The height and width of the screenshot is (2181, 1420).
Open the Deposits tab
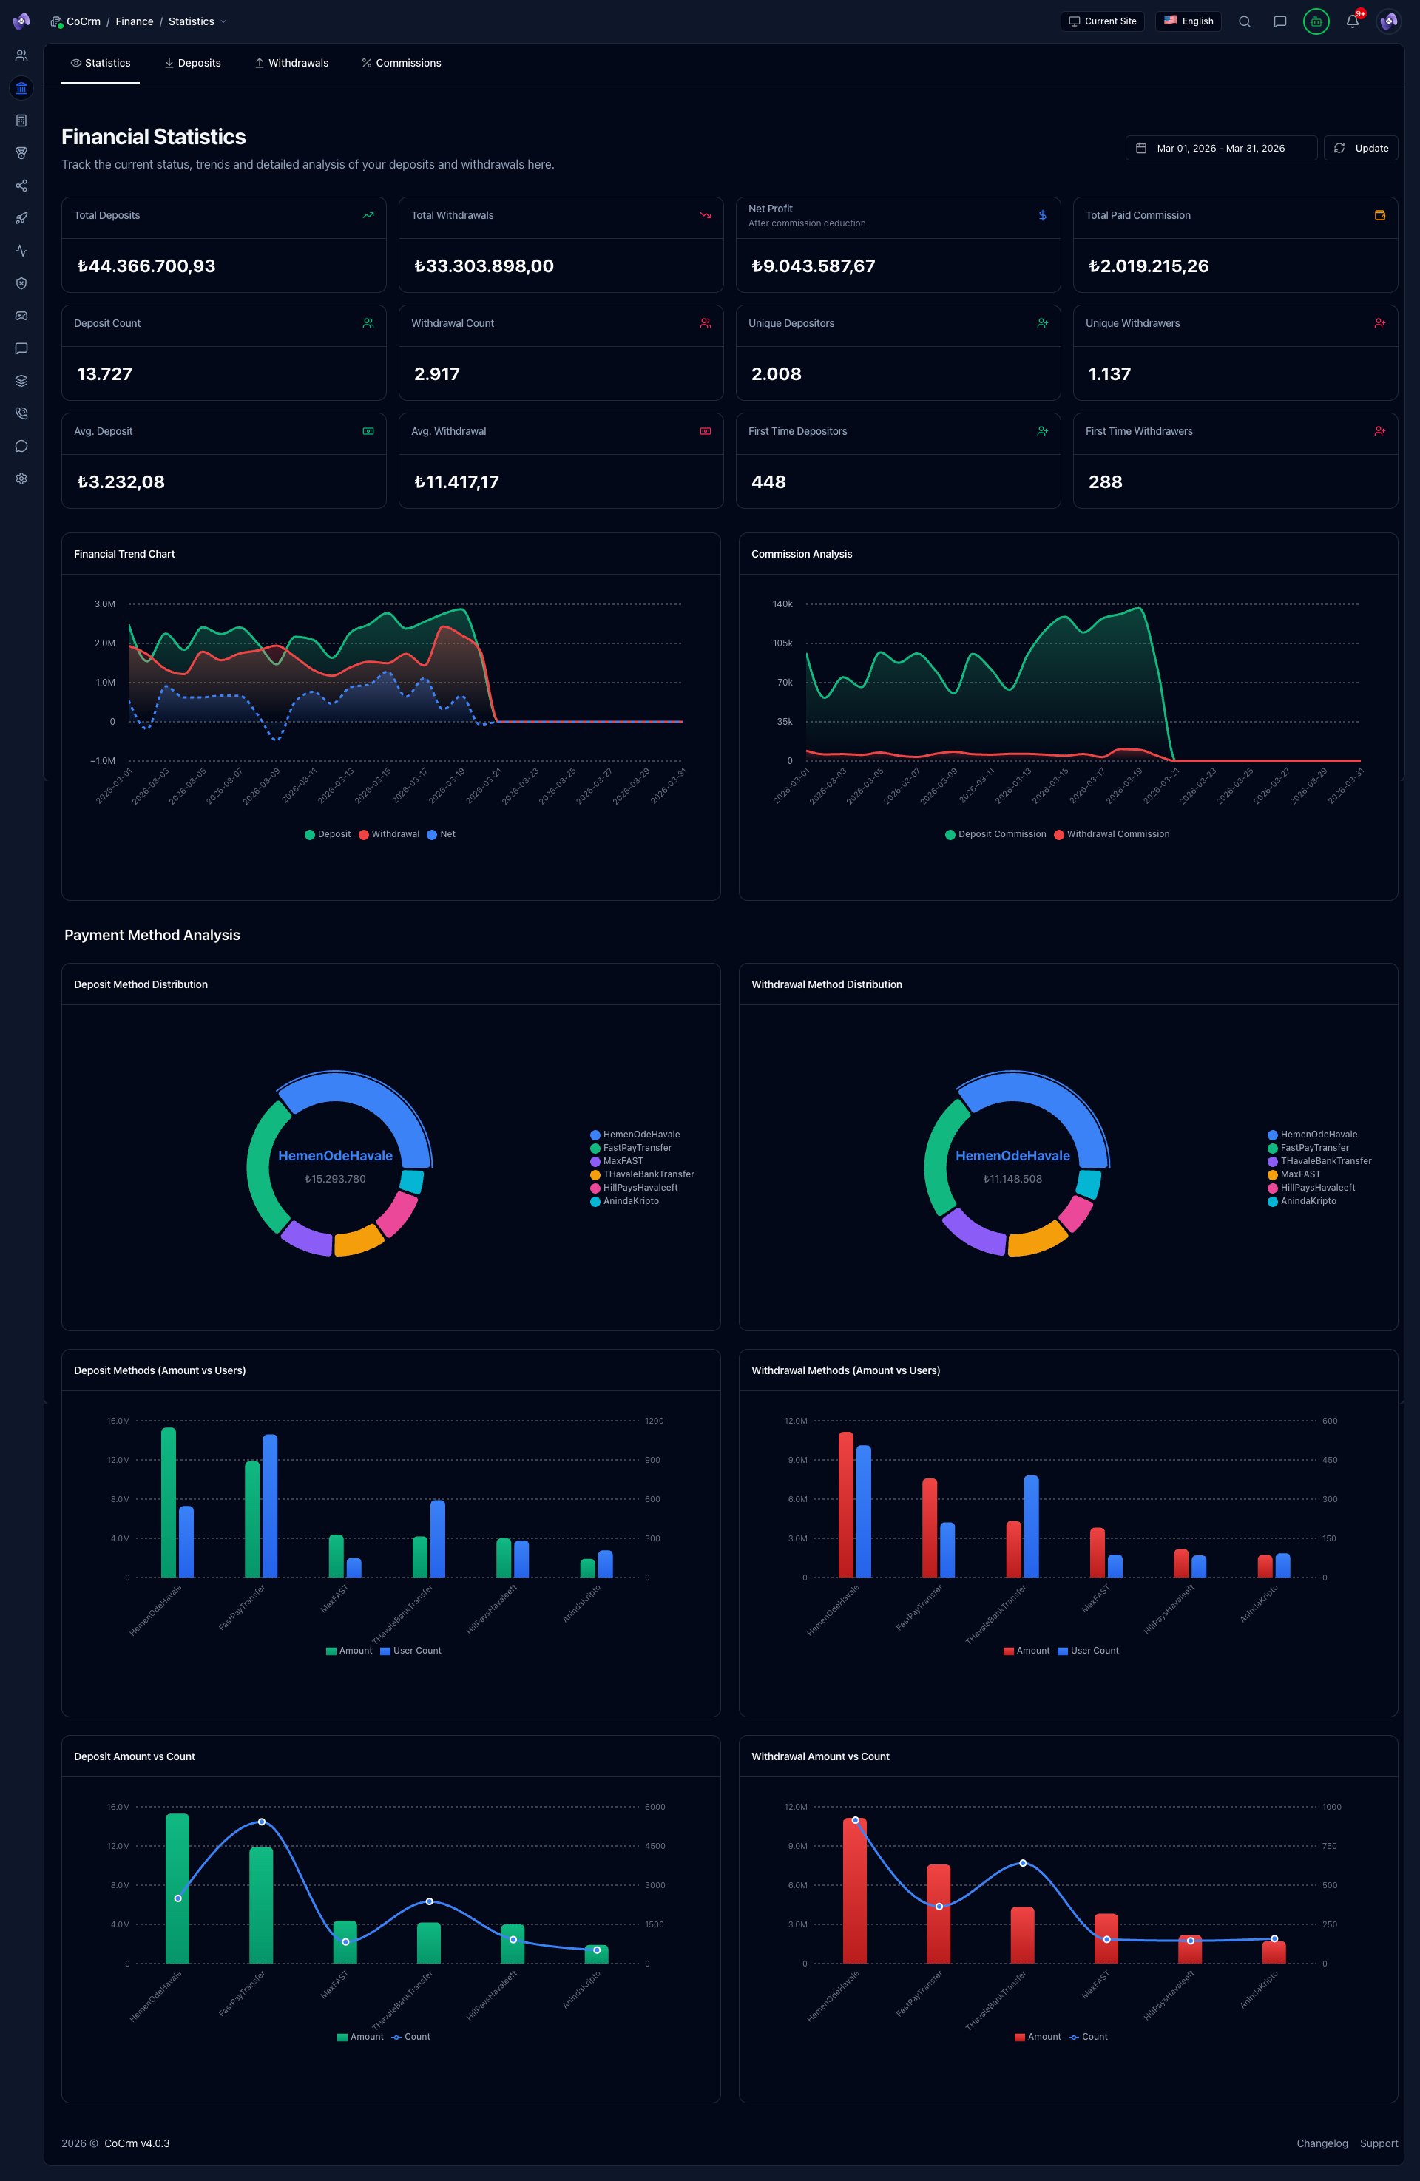click(192, 63)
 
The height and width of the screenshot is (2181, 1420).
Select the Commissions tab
click(402, 63)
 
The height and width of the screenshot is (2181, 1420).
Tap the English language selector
click(1189, 21)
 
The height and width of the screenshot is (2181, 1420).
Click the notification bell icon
click(1351, 21)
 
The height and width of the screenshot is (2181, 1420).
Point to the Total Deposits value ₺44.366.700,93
click(146, 266)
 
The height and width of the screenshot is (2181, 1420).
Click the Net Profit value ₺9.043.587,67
click(814, 266)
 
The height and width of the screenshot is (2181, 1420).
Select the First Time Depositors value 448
click(768, 482)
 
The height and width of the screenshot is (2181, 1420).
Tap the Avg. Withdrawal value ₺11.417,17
click(457, 482)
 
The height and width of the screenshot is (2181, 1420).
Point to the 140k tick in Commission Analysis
click(782, 604)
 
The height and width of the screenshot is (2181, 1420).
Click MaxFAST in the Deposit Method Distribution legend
click(622, 1161)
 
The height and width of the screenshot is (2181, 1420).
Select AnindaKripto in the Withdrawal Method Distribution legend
click(1308, 1200)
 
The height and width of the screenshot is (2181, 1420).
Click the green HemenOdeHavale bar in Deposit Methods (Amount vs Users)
click(169, 1503)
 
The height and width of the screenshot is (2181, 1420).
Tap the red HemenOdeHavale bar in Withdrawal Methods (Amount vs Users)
click(845, 1505)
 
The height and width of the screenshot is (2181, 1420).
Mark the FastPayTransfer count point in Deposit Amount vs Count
click(262, 1822)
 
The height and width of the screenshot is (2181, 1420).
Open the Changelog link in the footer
click(1322, 2143)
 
